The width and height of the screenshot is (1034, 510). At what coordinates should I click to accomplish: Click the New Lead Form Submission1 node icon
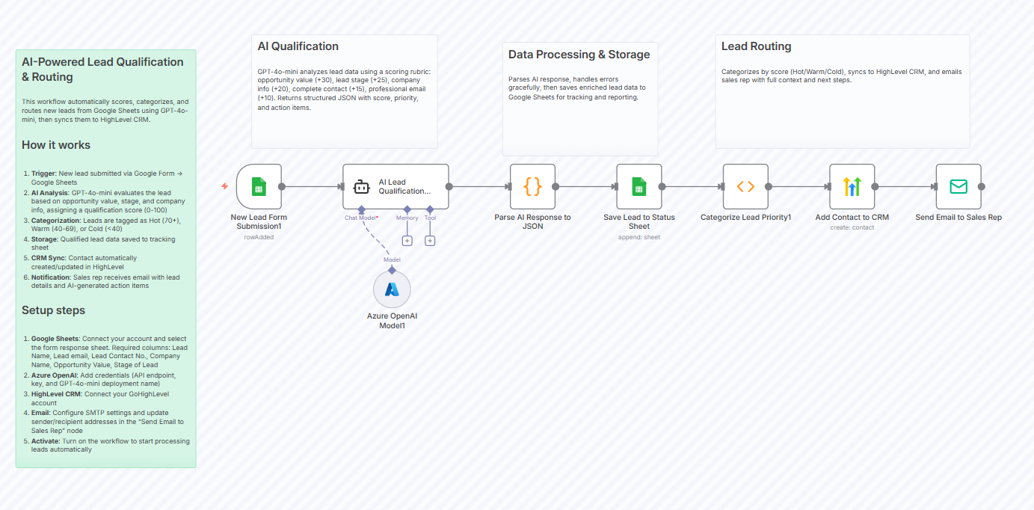259,187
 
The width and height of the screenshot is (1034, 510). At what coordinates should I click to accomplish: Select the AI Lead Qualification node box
396,187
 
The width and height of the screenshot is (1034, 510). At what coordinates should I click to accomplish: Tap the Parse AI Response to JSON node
532,187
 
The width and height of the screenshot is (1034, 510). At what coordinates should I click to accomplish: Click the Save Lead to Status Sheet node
638,187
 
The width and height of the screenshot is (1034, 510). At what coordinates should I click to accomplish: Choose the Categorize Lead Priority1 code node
745,187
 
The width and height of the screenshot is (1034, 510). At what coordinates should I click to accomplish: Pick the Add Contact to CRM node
852,187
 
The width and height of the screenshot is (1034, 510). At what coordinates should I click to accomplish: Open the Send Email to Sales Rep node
958,187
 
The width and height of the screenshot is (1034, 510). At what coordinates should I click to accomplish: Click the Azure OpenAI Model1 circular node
392,289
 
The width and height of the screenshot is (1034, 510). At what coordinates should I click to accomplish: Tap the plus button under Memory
407,241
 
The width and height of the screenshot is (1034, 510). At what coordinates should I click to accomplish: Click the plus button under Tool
430,241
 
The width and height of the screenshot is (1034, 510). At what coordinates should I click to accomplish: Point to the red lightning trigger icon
224,186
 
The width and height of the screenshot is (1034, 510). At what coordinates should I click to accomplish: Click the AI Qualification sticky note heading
298,46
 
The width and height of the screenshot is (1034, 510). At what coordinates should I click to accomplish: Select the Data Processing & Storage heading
579,55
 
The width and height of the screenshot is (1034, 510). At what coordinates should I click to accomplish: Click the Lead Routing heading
756,46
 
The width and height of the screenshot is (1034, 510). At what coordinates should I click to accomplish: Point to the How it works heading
56,145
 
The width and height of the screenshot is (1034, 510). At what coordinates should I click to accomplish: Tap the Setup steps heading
53,310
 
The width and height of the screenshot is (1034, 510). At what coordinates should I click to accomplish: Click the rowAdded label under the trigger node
259,237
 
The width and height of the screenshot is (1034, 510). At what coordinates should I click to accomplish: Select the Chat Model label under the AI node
360,218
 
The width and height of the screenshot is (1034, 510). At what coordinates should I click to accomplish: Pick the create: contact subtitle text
852,227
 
